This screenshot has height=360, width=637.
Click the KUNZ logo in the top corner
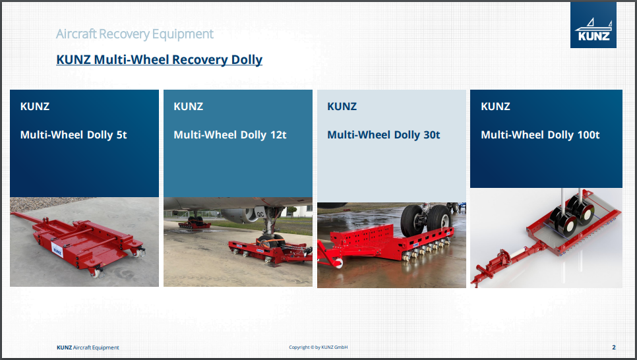(x=593, y=25)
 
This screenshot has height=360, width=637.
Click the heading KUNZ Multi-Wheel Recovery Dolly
(x=160, y=60)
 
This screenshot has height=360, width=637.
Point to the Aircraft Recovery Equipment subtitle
(x=135, y=34)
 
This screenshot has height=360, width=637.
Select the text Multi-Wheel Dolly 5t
(x=74, y=135)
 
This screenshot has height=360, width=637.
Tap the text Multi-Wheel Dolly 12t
(x=230, y=135)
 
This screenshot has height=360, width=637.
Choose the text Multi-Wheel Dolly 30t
(x=384, y=135)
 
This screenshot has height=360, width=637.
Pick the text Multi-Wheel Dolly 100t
(x=540, y=135)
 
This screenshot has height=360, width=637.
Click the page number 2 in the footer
(x=614, y=347)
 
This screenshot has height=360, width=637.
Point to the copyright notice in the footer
(x=318, y=347)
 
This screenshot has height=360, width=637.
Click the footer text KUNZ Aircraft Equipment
(x=88, y=347)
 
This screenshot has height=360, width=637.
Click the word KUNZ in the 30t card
(x=342, y=106)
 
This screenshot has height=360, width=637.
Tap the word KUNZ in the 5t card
(x=35, y=106)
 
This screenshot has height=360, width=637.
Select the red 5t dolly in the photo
(x=77, y=243)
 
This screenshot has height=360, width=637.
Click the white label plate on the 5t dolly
(x=57, y=249)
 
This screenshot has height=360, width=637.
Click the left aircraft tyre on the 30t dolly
(x=413, y=222)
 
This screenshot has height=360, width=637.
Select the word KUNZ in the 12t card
(x=189, y=106)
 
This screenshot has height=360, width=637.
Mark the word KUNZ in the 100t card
(x=496, y=106)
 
